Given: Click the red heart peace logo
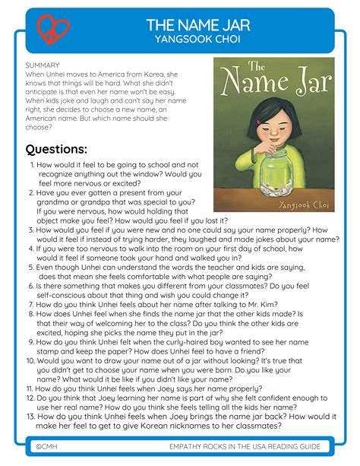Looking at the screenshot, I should pos(53,30).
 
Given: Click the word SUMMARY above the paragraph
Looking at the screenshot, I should pos(43,66).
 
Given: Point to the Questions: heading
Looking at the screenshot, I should pos(56,149).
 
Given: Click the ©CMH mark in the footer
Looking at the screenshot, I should pos(47,445).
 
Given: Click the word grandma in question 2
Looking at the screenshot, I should pos(49,202).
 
